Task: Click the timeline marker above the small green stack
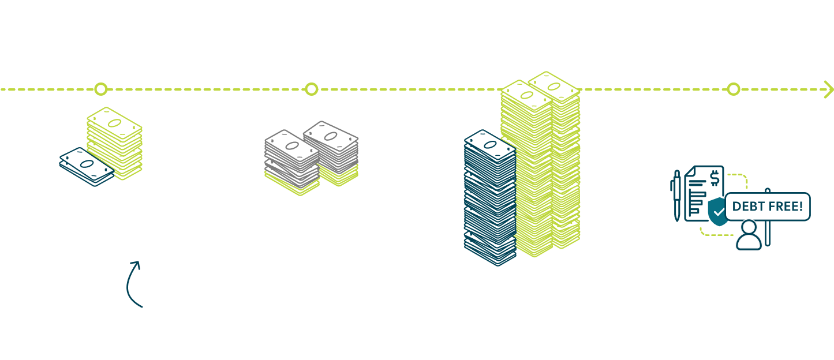point(101,89)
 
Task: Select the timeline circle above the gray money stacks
point(312,89)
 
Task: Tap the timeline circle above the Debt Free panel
point(734,89)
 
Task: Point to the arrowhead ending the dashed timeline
point(829,89)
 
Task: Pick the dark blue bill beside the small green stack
point(87,166)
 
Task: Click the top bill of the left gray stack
point(291,144)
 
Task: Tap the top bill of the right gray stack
point(330,136)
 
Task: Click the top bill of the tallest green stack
point(553,86)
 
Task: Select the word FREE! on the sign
point(786,206)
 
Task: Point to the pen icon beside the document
point(677,195)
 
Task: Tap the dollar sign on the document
point(715,177)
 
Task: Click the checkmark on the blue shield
point(718,213)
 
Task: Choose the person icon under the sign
point(749,235)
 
